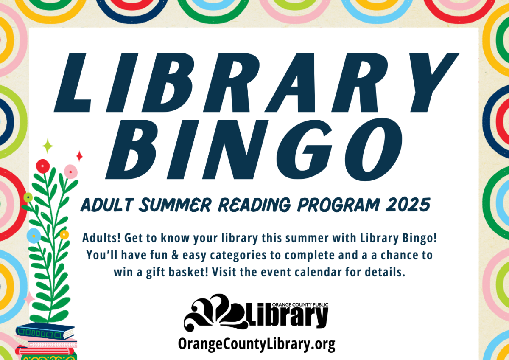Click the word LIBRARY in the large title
pos(257,82)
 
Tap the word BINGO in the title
pos(254,149)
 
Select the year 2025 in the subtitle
pos(408,205)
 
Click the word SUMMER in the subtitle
pos(175,205)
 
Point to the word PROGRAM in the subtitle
pos(338,205)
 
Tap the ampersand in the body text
pos(175,255)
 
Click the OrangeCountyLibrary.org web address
pos(257,344)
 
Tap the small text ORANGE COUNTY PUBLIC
pos(300,304)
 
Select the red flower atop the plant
pos(43,166)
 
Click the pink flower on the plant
pos(71,172)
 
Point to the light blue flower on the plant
pos(34,236)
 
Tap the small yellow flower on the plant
pos(64,235)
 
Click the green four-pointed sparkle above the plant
pos(48,146)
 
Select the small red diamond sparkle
pos(79,156)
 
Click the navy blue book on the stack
pos(45,331)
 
